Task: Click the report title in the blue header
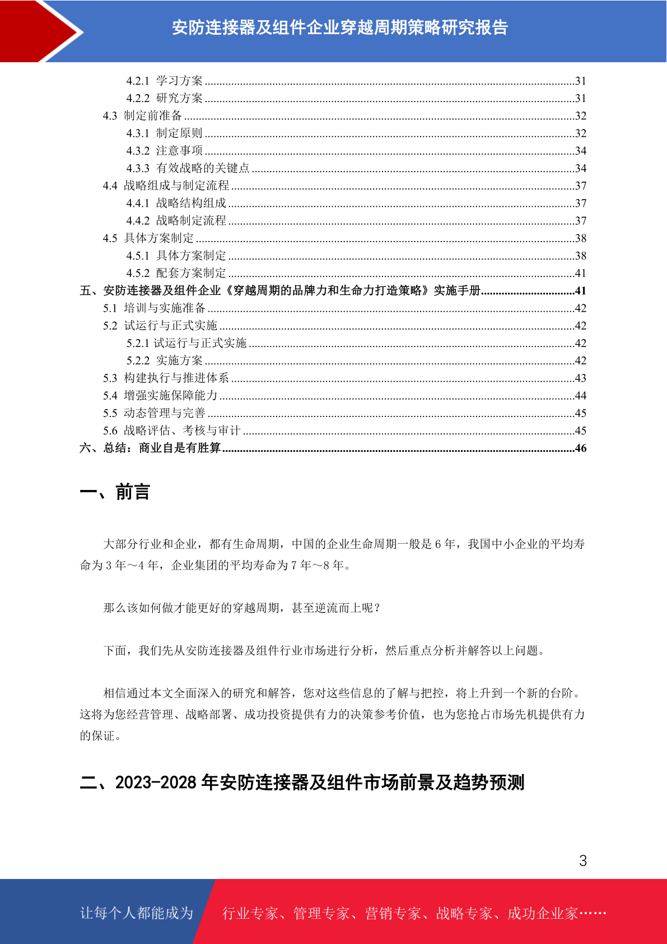(x=339, y=27)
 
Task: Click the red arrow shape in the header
(x=39, y=31)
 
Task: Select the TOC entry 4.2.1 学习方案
(x=165, y=81)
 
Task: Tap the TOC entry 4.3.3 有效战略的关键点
(x=188, y=168)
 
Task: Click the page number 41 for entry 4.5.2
(x=580, y=273)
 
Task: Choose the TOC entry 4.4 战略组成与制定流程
(x=166, y=186)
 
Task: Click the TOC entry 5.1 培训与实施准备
(x=155, y=308)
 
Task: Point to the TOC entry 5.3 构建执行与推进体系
(x=166, y=378)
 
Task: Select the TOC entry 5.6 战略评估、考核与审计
(x=172, y=431)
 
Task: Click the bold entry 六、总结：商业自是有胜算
(x=150, y=448)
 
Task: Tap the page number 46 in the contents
(x=580, y=448)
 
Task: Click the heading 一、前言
(x=115, y=492)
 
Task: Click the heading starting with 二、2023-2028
(x=302, y=783)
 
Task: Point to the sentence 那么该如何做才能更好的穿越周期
(x=241, y=608)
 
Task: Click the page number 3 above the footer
(x=583, y=860)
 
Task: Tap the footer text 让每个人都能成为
(x=137, y=913)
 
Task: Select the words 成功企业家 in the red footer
(x=543, y=914)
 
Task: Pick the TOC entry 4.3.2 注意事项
(x=165, y=151)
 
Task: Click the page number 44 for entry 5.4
(x=580, y=396)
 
